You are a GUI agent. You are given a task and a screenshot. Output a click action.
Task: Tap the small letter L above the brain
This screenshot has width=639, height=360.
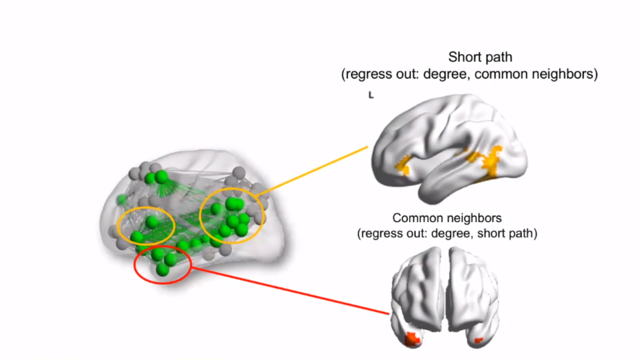[x=371, y=95]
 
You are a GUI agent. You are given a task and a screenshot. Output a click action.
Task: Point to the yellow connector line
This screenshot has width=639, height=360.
[x=313, y=171]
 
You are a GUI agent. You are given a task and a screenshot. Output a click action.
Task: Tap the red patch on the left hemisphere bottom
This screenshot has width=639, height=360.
[x=412, y=339]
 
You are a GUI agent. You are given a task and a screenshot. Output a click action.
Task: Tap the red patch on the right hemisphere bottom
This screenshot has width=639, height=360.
[x=479, y=341]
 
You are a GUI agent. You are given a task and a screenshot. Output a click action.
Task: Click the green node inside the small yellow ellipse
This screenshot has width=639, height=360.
[x=151, y=222]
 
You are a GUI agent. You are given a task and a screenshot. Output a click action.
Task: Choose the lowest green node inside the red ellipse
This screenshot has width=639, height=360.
[x=162, y=269]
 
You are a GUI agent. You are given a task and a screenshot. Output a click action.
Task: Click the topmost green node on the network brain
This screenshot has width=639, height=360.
[x=161, y=177]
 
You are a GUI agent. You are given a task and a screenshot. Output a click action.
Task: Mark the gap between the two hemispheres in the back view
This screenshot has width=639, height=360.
[x=445, y=292]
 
